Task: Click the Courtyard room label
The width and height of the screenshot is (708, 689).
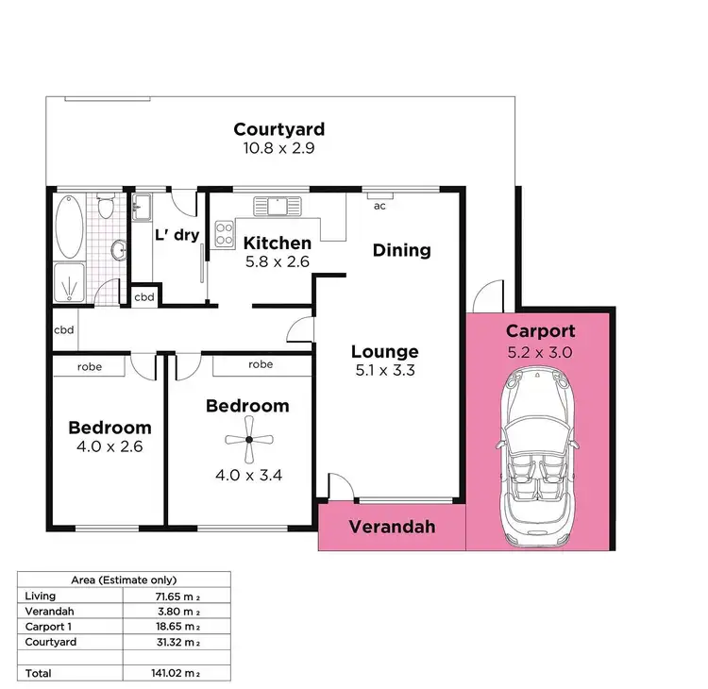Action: point(279,129)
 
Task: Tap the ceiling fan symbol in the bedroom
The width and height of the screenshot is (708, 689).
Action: point(247,438)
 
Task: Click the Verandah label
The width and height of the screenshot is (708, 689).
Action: point(392,527)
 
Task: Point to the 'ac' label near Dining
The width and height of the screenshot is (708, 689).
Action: point(380,205)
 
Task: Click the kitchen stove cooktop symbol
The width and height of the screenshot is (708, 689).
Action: point(225,233)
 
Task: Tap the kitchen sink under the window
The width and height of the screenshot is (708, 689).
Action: point(281,204)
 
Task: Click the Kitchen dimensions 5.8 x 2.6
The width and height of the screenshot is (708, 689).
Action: point(278,261)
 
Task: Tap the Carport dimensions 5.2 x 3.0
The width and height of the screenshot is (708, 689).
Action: point(540,353)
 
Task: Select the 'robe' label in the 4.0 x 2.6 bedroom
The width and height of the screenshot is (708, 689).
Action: point(90,366)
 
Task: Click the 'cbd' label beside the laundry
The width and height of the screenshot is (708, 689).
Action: point(144,296)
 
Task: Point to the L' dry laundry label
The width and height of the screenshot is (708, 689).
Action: point(177,234)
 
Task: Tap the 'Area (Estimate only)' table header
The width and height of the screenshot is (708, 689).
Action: point(125,580)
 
